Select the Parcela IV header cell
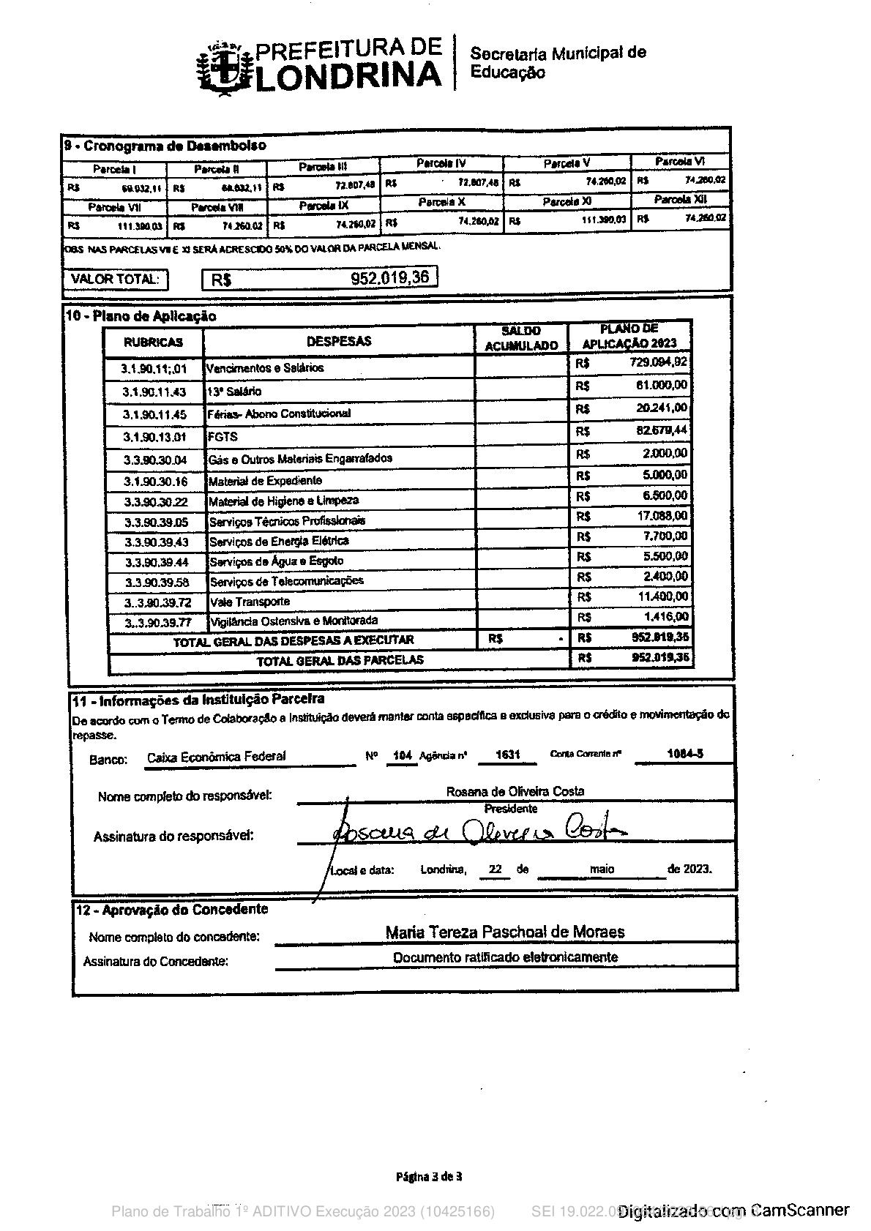click(x=441, y=163)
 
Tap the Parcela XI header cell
click(x=567, y=201)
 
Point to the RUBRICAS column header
click(x=153, y=343)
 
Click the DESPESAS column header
click(x=338, y=341)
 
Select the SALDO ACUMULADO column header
click(x=521, y=339)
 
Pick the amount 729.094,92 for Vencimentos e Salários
click(x=658, y=362)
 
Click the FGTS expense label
click(x=223, y=437)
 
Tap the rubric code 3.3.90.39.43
click(x=156, y=542)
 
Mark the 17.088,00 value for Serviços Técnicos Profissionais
click(x=662, y=516)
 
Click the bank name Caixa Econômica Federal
click(x=216, y=757)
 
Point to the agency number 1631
click(x=507, y=755)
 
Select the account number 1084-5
click(x=685, y=753)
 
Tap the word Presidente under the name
click(x=511, y=809)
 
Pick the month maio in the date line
click(x=602, y=869)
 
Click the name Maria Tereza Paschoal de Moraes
click(x=504, y=932)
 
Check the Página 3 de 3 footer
click(x=429, y=1177)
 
